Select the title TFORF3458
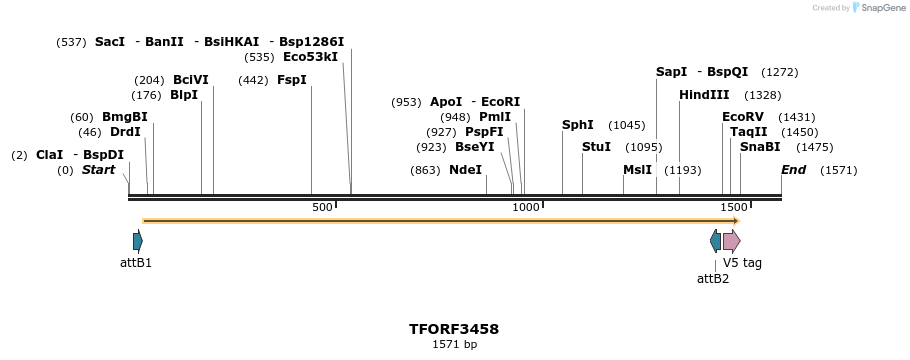pos(454,329)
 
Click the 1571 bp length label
pos(454,344)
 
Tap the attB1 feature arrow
pos(137,241)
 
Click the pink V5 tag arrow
pos(731,241)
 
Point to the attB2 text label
pos(713,278)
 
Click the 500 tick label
pos(322,207)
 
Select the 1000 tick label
pos(526,207)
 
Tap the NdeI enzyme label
pos(465,170)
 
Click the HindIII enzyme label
pos(704,95)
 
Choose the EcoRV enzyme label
pos(742,117)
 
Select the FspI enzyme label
pos(291,80)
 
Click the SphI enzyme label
pos(577,125)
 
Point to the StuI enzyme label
pos(596,147)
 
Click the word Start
pos(98,170)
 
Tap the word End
pos(793,170)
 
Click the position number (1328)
pos(763,95)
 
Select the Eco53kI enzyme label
pos(310,57)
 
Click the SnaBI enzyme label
pos(760,147)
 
